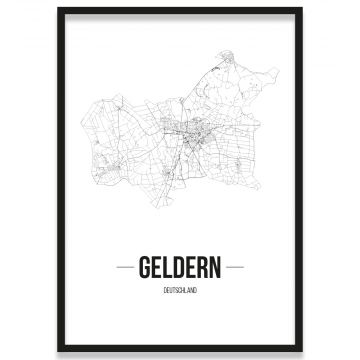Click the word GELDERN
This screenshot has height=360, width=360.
180,271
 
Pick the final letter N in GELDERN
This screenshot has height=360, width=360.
216,271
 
